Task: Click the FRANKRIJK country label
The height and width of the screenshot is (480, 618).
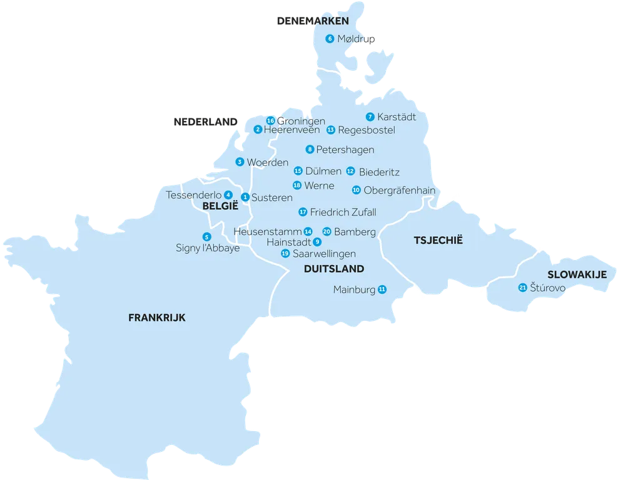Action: (x=157, y=318)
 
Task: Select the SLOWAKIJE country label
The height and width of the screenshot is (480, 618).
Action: (x=577, y=274)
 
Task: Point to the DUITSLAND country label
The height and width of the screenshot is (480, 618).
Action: (x=333, y=269)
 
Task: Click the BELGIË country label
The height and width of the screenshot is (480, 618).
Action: (x=220, y=206)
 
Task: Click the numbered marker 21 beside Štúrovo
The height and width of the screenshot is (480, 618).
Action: (x=522, y=288)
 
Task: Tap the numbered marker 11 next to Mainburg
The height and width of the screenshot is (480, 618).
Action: (x=382, y=290)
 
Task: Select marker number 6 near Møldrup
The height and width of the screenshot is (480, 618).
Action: (x=330, y=39)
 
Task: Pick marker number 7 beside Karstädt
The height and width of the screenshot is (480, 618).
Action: (x=370, y=117)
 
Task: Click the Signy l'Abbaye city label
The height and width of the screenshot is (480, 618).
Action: (x=208, y=248)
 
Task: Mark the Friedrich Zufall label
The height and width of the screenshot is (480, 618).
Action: (x=343, y=212)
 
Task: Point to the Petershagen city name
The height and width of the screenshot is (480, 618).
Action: (x=345, y=150)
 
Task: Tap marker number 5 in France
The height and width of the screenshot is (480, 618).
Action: (x=206, y=236)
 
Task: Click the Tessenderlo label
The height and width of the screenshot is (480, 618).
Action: (x=194, y=196)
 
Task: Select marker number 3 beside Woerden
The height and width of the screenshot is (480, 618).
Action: (x=240, y=162)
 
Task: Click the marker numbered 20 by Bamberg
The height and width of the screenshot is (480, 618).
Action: (x=327, y=231)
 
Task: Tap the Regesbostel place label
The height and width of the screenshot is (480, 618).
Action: (x=366, y=130)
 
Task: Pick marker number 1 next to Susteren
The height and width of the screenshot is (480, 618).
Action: (x=245, y=197)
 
